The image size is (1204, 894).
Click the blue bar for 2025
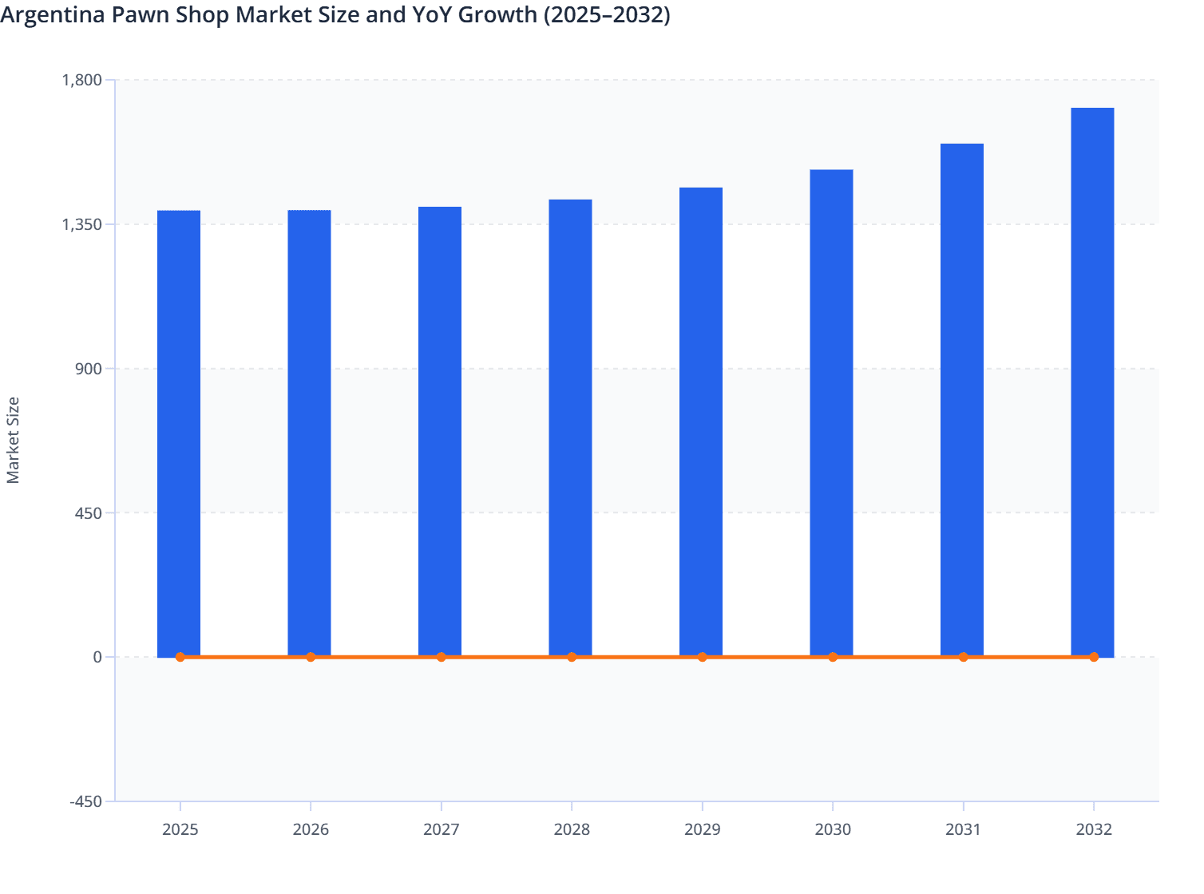coord(179,433)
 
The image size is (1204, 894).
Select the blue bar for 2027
coord(440,432)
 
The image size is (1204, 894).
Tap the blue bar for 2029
coord(701,422)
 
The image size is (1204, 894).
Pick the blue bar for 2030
coord(831,413)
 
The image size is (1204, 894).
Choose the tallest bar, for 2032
coord(1092,382)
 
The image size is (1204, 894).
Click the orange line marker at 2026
coord(311,657)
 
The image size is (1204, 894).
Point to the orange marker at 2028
coord(572,657)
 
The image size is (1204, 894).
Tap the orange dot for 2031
coord(963,657)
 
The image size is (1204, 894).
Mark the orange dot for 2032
coord(1094,657)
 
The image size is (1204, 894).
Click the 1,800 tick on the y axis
coord(81,80)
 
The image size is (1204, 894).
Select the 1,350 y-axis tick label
coord(81,224)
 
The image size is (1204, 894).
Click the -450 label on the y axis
coord(86,801)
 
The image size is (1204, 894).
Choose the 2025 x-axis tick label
coord(180,829)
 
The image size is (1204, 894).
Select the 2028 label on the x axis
coord(572,829)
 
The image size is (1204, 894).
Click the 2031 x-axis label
coord(963,829)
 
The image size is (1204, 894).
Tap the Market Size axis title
coord(13,440)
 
